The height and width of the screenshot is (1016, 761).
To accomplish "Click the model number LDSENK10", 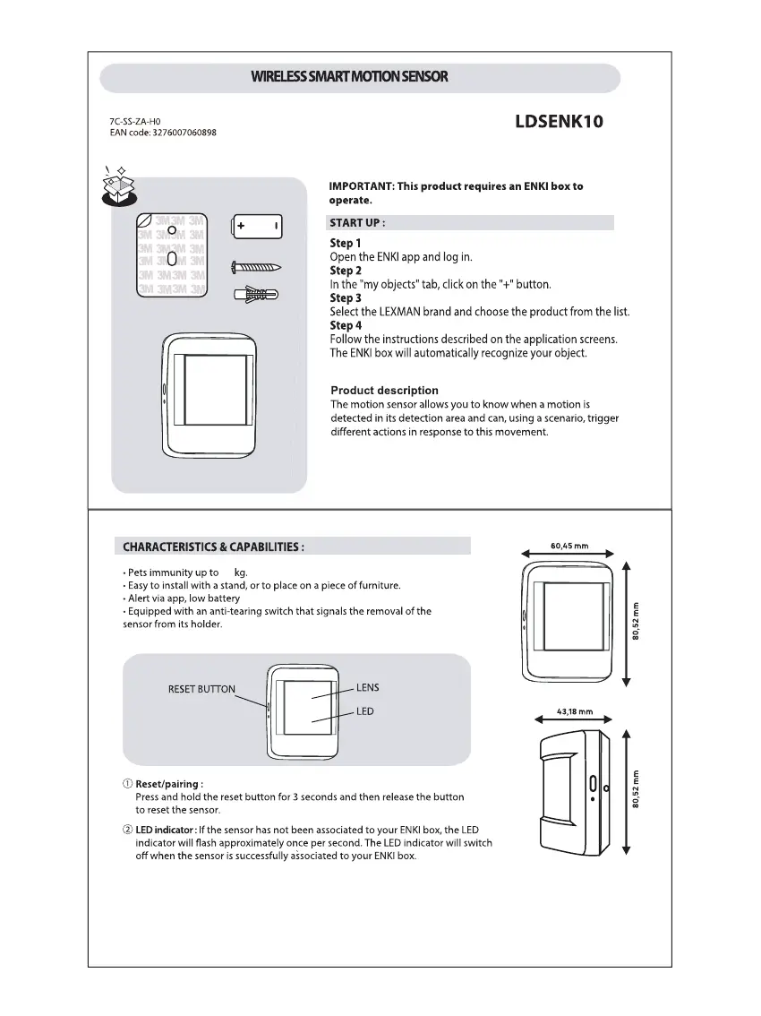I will [559, 122].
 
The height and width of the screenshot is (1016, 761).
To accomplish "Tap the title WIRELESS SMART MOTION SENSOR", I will [350, 77].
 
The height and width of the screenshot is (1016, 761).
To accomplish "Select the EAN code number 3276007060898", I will [178, 133].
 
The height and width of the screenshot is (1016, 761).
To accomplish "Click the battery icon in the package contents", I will [257, 226].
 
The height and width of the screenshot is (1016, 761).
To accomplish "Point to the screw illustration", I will [257, 266].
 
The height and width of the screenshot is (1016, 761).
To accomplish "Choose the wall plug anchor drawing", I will [256, 295].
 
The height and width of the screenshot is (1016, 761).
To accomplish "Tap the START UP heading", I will [358, 223].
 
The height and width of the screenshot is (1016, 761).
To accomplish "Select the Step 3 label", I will [346, 297].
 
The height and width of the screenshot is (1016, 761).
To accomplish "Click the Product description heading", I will [384, 391].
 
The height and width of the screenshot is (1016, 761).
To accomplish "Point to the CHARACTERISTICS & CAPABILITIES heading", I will [213, 547].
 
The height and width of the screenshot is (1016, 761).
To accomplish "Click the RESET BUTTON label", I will [201, 689].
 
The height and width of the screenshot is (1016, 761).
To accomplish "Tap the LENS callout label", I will [367, 688].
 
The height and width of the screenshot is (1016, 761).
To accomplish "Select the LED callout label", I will [364, 711].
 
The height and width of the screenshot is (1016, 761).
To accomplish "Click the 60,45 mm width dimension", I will [569, 546].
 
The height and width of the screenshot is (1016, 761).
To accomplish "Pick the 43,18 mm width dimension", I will [575, 711].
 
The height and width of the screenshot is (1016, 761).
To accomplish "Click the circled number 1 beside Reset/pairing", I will [127, 784].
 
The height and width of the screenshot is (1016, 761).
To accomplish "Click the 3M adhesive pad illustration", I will [172, 255].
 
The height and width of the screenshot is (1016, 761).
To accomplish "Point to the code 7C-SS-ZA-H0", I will [129, 121].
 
